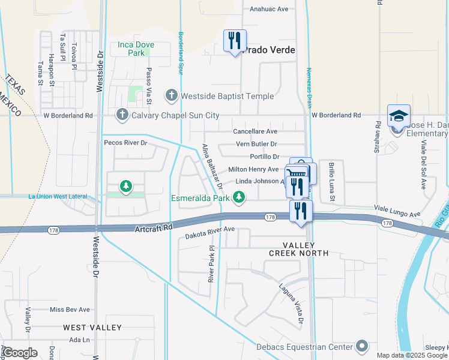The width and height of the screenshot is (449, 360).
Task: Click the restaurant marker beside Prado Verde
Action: click(x=234, y=41)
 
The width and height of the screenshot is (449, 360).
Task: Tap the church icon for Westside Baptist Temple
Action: click(x=172, y=96)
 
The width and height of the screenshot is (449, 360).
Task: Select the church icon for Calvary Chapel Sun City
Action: click(x=122, y=115)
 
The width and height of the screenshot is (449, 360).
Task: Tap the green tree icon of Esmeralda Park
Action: click(x=239, y=197)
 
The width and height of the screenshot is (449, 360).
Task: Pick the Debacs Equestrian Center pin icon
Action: click(x=361, y=346)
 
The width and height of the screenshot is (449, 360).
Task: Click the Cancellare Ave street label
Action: click(x=255, y=131)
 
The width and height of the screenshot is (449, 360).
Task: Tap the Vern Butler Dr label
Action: click(x=256, y=144)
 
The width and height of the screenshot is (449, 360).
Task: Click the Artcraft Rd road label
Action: click(x=154, y=228)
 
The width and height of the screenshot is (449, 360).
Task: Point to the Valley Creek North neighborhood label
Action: click(x=306, y=249)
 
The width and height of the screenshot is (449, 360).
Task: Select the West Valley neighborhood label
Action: click(x=92, y=328)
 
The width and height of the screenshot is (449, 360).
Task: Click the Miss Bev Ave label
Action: click(x=70, y=310)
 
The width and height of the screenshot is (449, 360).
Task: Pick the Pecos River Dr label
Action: click(x=125, y=143)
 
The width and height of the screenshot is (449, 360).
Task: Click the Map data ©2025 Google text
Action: click(x=411, y=355)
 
